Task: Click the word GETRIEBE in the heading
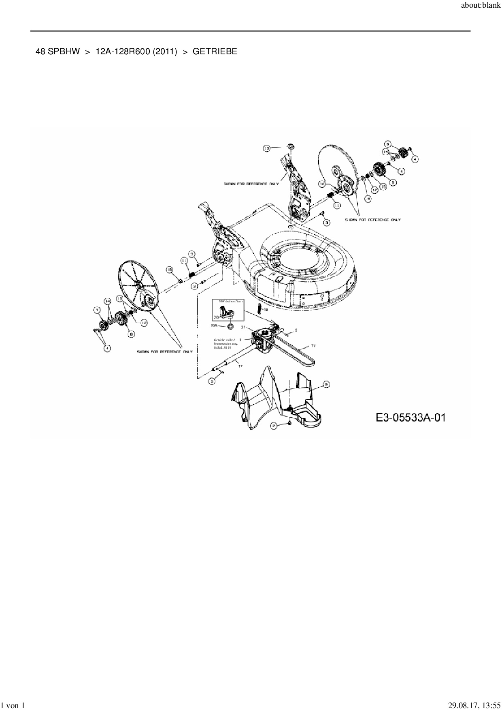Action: tap(215, 51)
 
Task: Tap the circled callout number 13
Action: tap(266, 149)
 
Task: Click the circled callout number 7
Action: tap(98, 310)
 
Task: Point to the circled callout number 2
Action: tap(274, 426)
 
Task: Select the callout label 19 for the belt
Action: tap(313, 345)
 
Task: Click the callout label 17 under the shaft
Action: tap(240, 366)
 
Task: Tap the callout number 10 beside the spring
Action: tap(265, 309)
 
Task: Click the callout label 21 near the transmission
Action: tap(243, 327)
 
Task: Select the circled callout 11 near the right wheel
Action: tap(337, 206)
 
